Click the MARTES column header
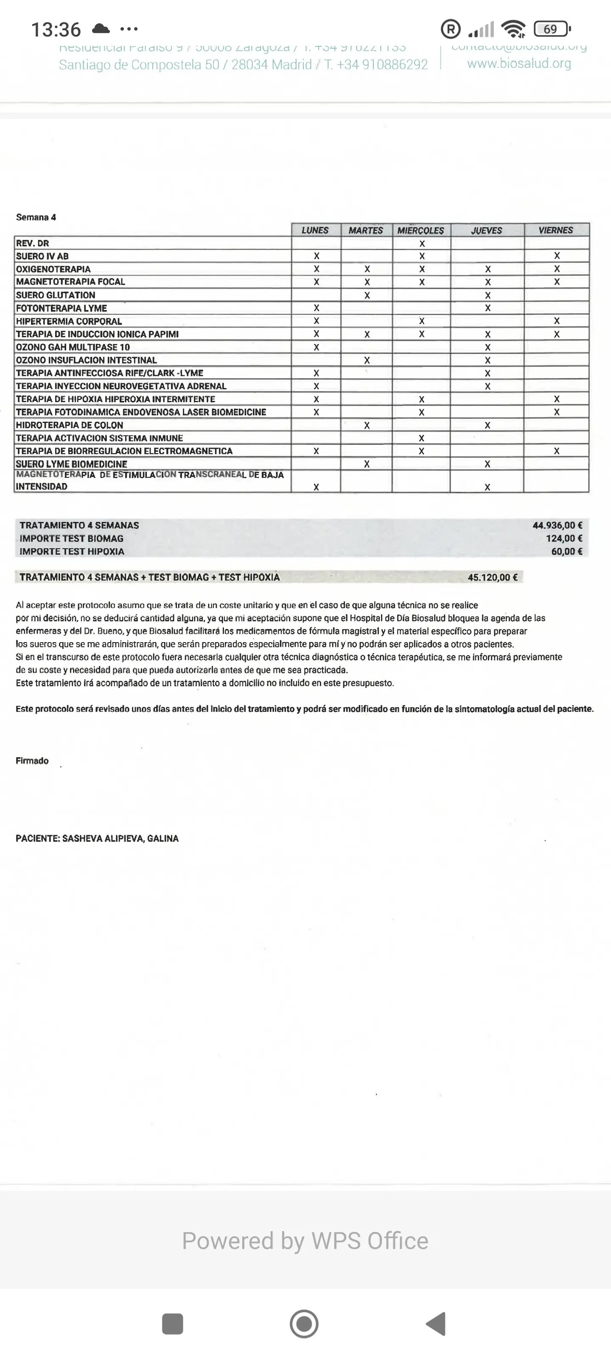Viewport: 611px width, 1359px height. click(366, 231)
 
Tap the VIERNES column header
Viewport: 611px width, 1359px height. click(556, 230)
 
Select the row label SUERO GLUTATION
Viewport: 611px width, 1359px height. click(55, 295)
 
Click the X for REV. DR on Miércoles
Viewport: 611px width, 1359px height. click(422, 244)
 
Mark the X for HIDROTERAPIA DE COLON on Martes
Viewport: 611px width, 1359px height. click(367, 425)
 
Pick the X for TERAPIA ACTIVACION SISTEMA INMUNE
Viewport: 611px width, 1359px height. click(421, 438)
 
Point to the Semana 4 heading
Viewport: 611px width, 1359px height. click(36, 217)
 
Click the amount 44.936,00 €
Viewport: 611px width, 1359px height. click(557, 525)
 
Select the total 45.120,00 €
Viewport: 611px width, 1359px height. click(492, 577)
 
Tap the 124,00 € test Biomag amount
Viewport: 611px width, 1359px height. click(563, 538)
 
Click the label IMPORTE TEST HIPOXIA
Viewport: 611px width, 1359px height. click(72, 551)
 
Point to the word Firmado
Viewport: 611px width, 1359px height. click(32, 761)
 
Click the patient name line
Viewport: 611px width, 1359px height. click(97, 838)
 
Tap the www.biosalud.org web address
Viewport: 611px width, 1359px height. click(519, 64)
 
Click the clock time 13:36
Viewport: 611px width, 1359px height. click(56, 30)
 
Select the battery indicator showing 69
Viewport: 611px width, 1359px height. click(552, 29)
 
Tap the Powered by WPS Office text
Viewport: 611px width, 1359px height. click(305, 1241)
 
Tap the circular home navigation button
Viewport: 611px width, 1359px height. click(304, 1324)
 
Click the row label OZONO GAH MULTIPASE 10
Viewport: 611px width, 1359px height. click(73, 347)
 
